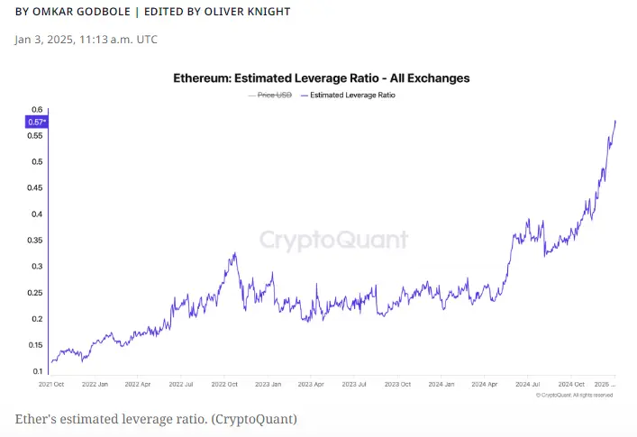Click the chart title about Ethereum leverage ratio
[321, 78]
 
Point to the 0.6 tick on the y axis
[37, 109]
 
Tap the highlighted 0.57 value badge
[36, 122]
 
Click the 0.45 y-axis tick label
[34, 187]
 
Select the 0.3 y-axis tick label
[37, 266]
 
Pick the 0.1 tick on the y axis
[37, 370]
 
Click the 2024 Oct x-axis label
[572, 383]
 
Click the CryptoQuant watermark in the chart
[333, 240]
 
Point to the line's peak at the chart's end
[615, 121]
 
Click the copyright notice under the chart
[575, 395]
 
